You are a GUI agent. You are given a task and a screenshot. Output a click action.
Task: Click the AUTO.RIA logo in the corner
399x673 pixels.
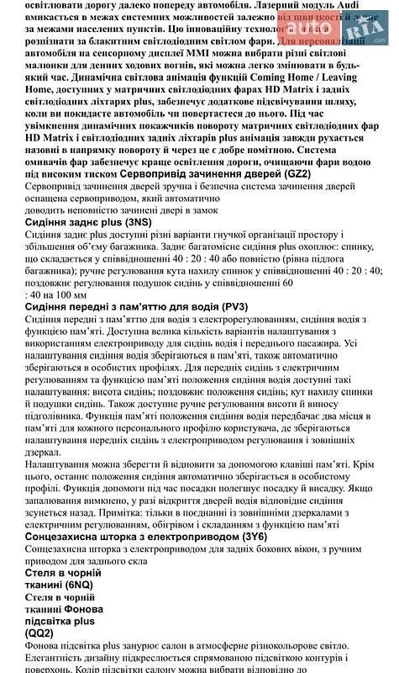pyautogui.click(x=358, y=19)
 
